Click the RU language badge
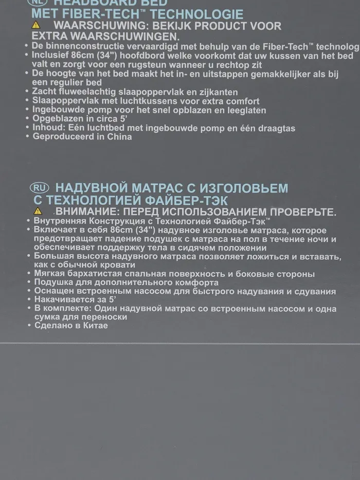coord(40,187)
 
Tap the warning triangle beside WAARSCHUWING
coord(35,26)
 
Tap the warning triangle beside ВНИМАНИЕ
coord(37,211)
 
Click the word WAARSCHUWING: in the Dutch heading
coord(94,26)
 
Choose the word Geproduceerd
coord(61,137)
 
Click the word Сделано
coord(51,326)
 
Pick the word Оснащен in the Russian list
coord(51,291)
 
